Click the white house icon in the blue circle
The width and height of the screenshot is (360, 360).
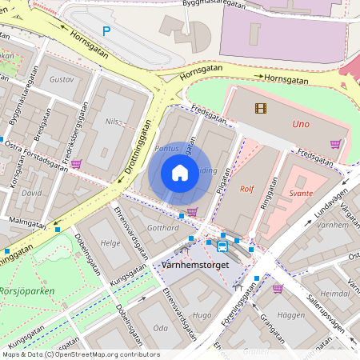(x=180, y=173)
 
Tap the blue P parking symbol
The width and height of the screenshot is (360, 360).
(x=106, y=31)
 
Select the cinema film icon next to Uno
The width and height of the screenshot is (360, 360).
(x=260, y=108)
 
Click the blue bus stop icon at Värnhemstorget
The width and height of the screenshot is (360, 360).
(x=222, y=246)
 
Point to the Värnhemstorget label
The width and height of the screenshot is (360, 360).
(x=194, y=264)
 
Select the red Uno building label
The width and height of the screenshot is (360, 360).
(x=300, y=125)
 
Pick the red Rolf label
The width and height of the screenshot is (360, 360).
(x=247, y=190)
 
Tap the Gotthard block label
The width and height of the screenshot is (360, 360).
(x=163, y=228)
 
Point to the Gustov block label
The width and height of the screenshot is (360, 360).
(x=62, y=80)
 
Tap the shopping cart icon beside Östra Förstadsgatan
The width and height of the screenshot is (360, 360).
(x=76, y=163)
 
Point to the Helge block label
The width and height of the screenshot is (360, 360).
(x=110, y=242)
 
